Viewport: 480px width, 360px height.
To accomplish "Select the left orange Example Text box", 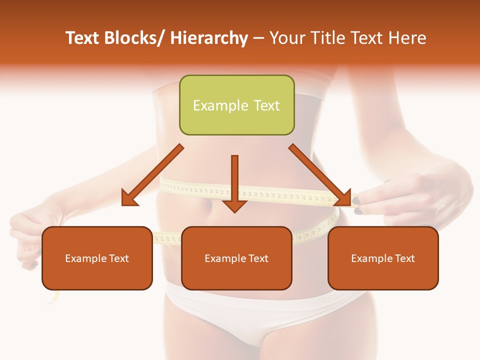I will tap(97, 258).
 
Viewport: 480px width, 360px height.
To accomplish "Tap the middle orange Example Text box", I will tap(236, 258).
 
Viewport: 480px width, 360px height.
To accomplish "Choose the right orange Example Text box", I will tap(383, 258).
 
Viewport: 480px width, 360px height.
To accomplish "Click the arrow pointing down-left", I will tap(152, 175).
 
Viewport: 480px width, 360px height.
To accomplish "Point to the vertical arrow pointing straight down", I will tap(234, 182).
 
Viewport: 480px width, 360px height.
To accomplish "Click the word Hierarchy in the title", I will tap(208, 38).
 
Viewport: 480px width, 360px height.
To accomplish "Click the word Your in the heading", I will tap(286, 38).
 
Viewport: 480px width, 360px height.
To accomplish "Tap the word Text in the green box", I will tap(266, 105).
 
